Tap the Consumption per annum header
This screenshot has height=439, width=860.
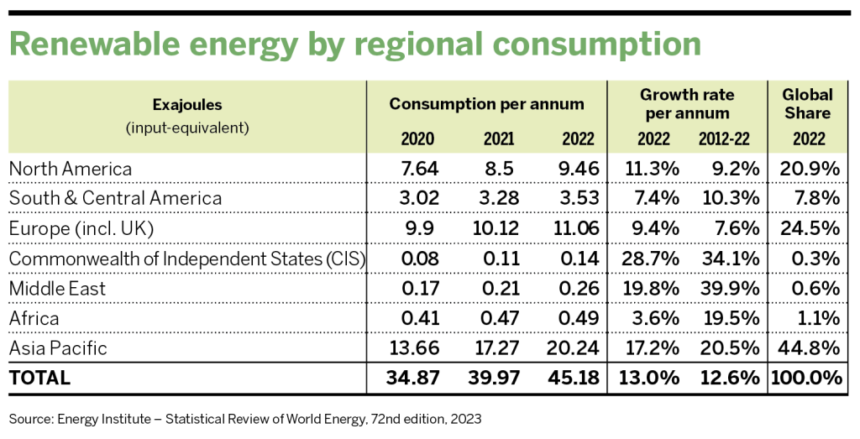point(486,104)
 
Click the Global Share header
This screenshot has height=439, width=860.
point(807,104)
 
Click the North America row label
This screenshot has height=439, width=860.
point(71,169)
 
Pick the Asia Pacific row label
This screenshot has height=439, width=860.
point(60,348)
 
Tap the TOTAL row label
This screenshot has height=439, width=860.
point(39,379)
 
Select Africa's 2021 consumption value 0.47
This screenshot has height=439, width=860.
point(496,319)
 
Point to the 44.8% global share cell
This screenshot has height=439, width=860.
point(811,348)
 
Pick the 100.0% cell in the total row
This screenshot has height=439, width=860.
point(807,379)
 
